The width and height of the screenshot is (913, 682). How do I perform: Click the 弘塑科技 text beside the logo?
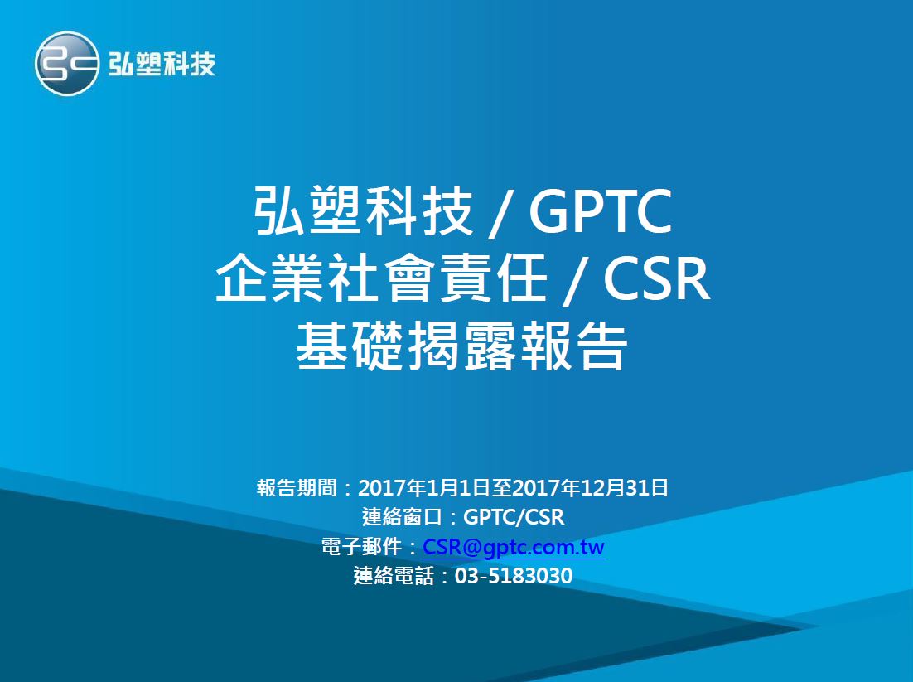point(162,65)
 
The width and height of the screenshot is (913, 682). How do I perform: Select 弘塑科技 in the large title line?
point(364,213)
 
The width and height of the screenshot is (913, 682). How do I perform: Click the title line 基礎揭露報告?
point(461,347)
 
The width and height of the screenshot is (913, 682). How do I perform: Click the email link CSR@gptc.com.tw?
point(514,548)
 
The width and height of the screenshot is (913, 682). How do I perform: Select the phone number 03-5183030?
point(514,576)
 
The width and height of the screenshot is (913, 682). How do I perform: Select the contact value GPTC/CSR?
point(514,518)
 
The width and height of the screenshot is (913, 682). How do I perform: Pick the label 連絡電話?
point(394,576)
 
